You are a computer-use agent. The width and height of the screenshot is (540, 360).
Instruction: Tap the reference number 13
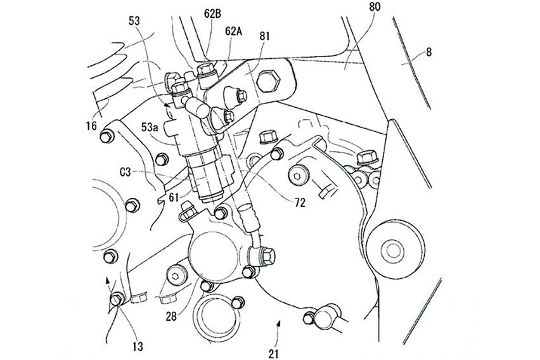pos(138,346)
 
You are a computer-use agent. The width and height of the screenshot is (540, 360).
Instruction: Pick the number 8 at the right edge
pos(429,55)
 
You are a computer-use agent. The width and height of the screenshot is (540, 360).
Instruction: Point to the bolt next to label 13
pos(117,299)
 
